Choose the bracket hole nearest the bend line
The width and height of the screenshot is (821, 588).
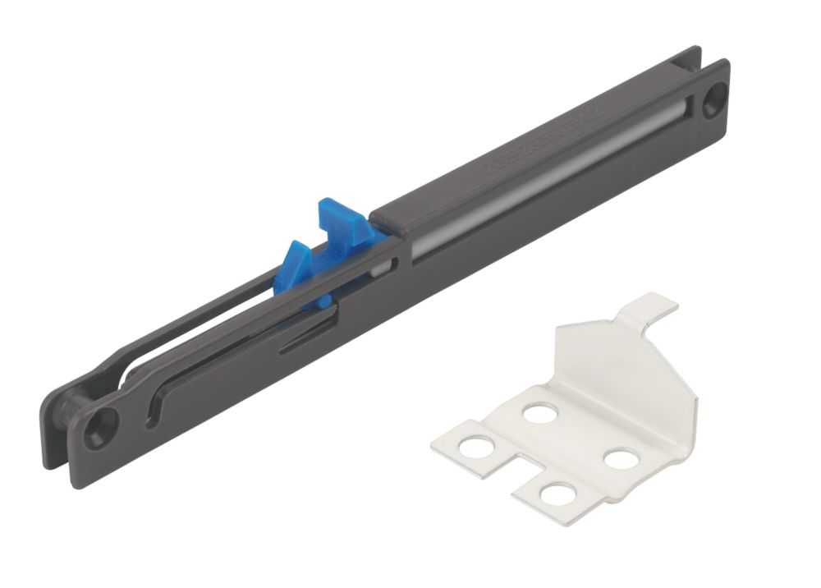(539, 412)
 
